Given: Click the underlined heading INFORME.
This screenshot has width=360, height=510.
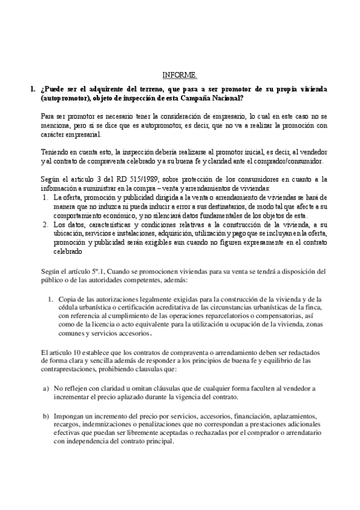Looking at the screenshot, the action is coord(180,75).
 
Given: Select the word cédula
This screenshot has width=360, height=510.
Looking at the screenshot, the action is coord(67,308).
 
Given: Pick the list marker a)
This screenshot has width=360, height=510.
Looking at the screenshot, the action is coord(46,389).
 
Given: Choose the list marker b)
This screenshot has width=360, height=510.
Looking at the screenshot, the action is coord(46,416).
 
